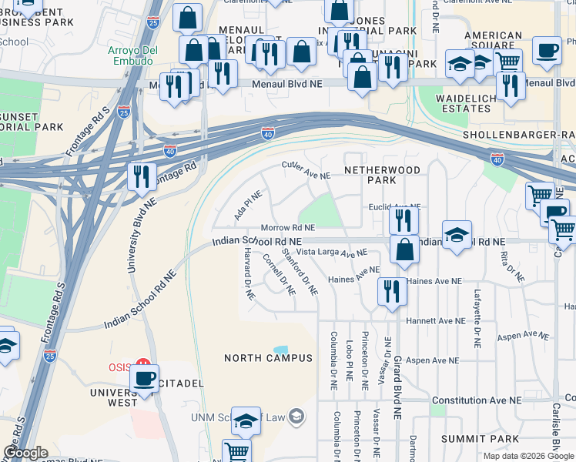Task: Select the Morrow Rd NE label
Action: click(288, 228)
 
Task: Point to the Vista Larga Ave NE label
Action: click(333, 253)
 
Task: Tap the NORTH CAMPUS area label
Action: click(268, 358)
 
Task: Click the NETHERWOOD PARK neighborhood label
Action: click(382, 175)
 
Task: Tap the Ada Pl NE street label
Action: click(249, 205)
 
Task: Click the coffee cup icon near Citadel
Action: click(144, 377)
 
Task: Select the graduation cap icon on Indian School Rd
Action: click(457, 234)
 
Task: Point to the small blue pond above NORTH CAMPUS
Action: click(280, 350)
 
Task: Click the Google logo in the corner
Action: click(25, 454)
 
